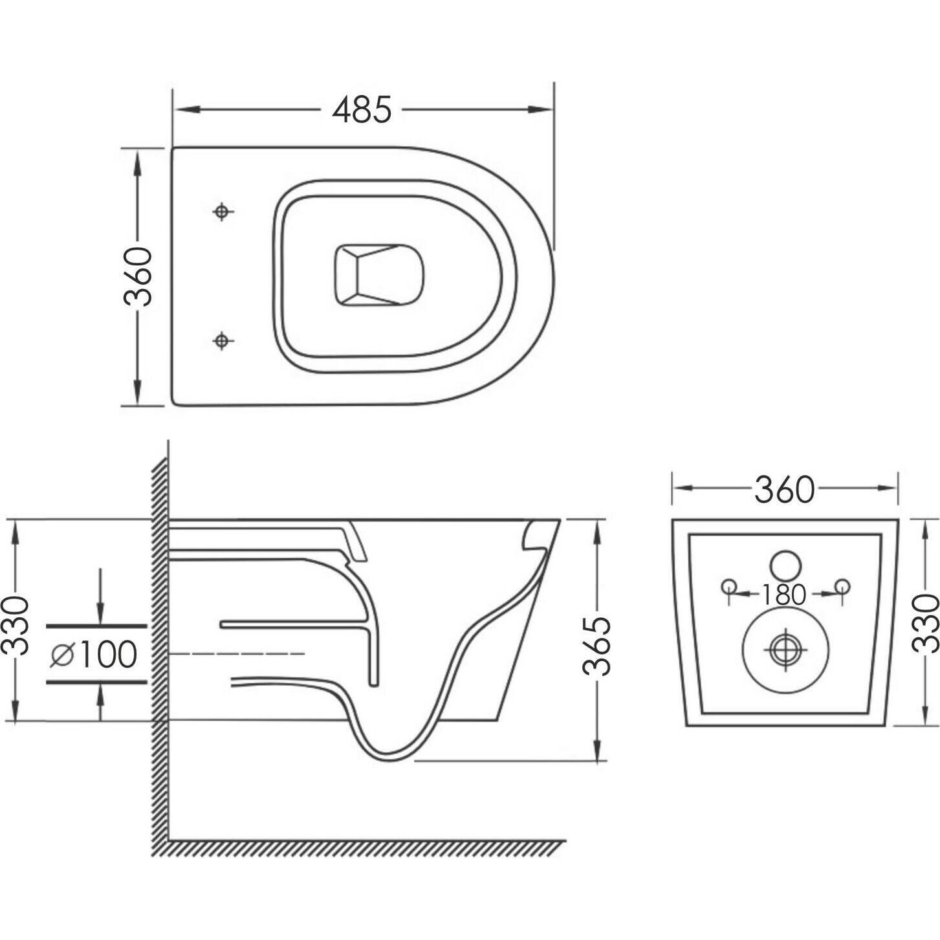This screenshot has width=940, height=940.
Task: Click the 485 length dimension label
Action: [362, 109]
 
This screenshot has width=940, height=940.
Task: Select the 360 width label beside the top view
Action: [138, 277]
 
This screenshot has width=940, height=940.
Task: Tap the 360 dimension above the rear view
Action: [784, 490]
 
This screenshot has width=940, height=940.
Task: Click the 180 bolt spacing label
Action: [783, 595]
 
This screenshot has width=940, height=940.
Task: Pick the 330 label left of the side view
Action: [17, 625]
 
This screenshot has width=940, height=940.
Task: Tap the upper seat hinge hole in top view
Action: [222, 212]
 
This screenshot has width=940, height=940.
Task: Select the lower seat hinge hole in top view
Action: [222, 340]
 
